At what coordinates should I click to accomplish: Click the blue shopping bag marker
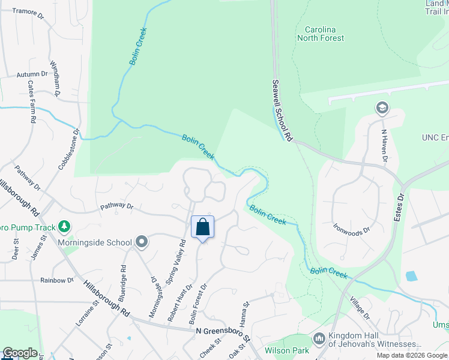pos(202,228)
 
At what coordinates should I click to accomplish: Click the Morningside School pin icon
pos(142,242)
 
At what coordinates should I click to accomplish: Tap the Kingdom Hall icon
pos(319,339)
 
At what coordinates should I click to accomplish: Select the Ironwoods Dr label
pos(351,228)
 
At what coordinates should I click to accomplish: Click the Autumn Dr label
pos(32,74)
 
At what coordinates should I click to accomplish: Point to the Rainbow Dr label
pos(56,280)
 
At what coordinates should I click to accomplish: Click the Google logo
pos(19,353)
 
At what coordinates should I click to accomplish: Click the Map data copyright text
pos(412,355)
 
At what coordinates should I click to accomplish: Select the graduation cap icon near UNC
pos(381,109)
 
